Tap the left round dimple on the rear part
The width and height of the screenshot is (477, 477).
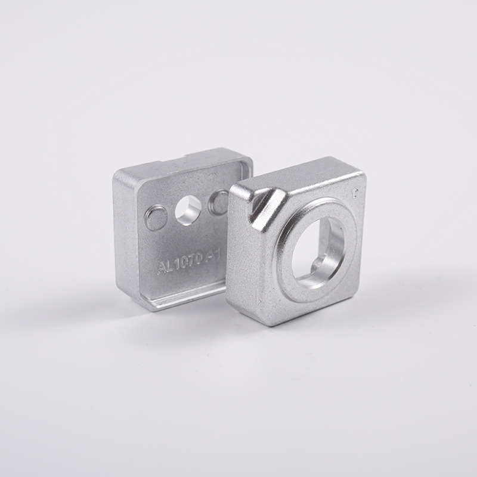pyautogui.click(x=156, y=218)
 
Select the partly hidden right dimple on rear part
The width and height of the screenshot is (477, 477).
pyautogui.click(x=218, y=202)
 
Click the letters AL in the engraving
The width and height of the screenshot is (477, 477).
pyautogui.click(x=164, y=264)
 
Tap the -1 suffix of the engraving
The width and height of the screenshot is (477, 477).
pyautogui.click(x=216, y=256)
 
